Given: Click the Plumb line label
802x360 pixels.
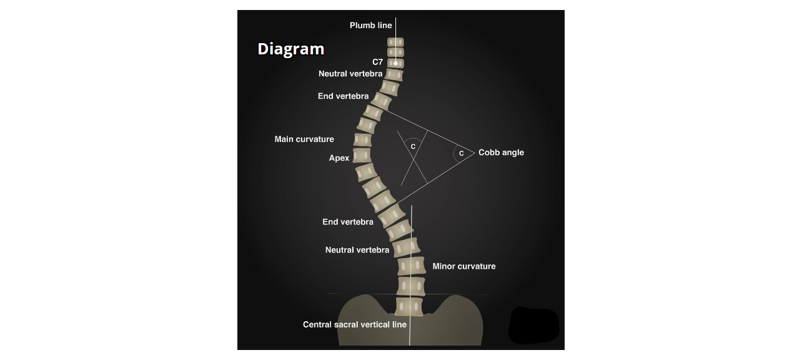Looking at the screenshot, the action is [x=370, y=26].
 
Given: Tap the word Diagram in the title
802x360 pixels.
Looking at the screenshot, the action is [x=290, y=49].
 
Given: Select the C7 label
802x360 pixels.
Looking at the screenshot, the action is [x=377, y=62].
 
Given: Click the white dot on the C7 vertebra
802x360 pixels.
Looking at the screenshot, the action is [x=395, y=63].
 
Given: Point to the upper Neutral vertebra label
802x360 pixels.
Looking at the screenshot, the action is [x=350, y=74].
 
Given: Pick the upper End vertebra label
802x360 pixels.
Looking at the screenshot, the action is [x=343, y=96].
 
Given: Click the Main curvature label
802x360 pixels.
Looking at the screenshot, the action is [x=304, y=139].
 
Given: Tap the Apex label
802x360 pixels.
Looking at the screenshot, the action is [x=339, y=158].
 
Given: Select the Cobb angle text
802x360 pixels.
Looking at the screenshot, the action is [x=501, y=152].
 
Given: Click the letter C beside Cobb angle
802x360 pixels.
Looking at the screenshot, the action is [x=461, y=153].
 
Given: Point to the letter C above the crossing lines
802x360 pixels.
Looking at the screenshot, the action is [x=413, y=146].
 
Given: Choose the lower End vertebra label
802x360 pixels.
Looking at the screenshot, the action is [x=348, y=222].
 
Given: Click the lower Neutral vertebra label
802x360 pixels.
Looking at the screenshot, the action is [x=357, y=250].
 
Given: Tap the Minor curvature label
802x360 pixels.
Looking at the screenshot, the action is [x=463, y=266].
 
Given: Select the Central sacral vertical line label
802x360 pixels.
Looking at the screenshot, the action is [x=354, y=324].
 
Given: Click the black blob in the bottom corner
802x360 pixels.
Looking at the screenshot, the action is [x=533, y=325].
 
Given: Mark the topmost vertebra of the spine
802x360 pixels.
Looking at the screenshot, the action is [x=395, y=42].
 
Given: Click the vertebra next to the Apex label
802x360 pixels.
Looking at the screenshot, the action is [x=362, y=156].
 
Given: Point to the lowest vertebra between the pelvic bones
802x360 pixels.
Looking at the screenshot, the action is [x=409, y=307].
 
